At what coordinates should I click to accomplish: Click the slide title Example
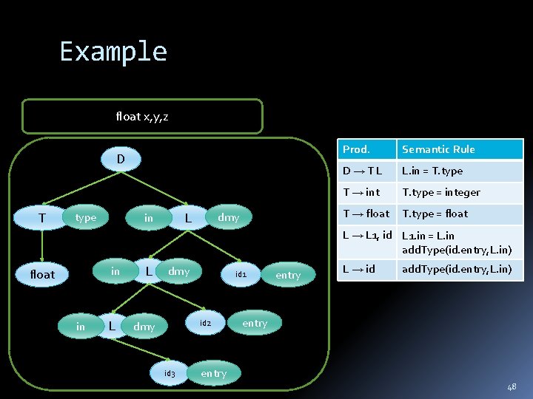(113, 52)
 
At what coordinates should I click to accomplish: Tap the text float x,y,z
(142, 116)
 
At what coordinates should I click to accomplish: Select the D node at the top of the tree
(120, 158)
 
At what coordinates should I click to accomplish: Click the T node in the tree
(42, 218)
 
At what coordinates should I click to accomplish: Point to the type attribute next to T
(86, 218)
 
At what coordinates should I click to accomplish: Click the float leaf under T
(42, 274)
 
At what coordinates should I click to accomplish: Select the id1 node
(241, 274)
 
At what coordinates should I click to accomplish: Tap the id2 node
(205, 324)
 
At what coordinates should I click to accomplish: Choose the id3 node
(170, 373)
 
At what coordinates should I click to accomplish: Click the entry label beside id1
(288, 275)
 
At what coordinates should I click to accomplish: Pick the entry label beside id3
(214, 373)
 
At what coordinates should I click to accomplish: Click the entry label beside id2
(255, 324)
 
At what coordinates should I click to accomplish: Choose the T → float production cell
(366, 214)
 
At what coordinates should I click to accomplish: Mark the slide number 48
(512, 386)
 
